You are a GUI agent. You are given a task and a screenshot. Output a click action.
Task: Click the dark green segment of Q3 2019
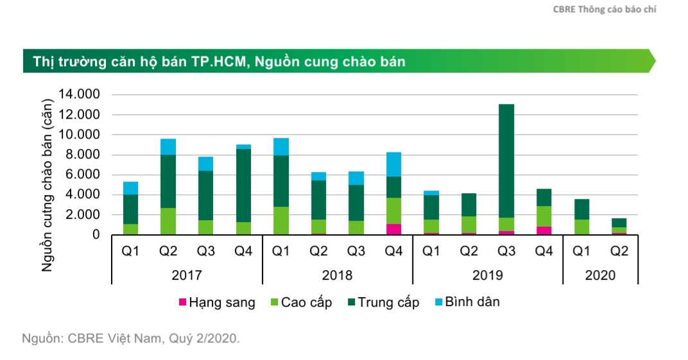tap(506, 160)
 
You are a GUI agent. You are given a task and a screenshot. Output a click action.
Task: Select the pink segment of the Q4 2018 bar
tap(393, 229)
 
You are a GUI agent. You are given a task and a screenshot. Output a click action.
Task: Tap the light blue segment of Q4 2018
tap(393, 164)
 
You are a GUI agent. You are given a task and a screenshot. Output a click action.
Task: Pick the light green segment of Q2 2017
tap(168, 221)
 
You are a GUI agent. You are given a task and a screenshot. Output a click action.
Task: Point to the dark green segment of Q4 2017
tap(243, 185)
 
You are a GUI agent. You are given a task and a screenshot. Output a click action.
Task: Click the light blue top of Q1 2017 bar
tap(131, 188)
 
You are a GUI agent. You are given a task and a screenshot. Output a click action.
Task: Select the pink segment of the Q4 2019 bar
tap(544, 230)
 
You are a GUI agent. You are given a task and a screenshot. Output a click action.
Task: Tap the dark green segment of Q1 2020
tap(581, 209)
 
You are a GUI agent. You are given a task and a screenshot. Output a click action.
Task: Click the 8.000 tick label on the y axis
tap(82, 155)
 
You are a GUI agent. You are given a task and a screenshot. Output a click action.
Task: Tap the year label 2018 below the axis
tap(337, 275)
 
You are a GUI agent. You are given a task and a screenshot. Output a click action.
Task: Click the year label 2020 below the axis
tap(600, 275)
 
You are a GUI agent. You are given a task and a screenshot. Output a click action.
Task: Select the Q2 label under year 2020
tap(619, 252)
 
